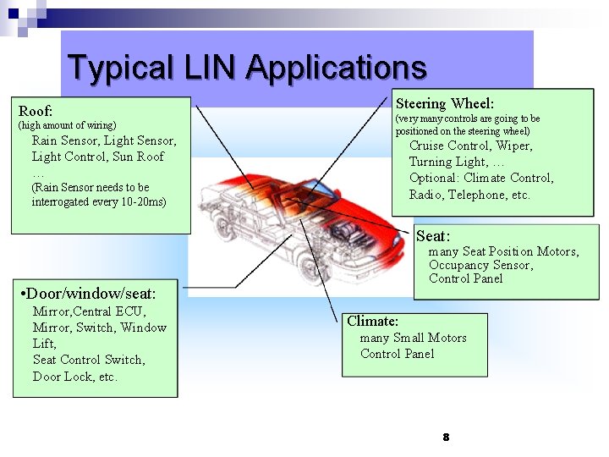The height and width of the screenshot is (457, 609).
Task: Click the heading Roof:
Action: click(x=36, y=111)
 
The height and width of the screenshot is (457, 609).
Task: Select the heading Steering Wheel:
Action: click(x=445, y=103)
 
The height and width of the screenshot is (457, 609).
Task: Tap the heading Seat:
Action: click(x=433, y=236)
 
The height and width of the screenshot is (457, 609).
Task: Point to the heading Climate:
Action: click(x=372, y=321)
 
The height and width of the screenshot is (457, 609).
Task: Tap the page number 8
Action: click(x=445, y=438)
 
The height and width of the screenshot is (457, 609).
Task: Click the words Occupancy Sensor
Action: click(x=480, y=265)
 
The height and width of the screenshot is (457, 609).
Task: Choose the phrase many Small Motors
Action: click(x=413, y=338)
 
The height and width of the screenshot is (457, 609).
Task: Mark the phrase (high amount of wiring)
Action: click(x=67, y=125)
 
